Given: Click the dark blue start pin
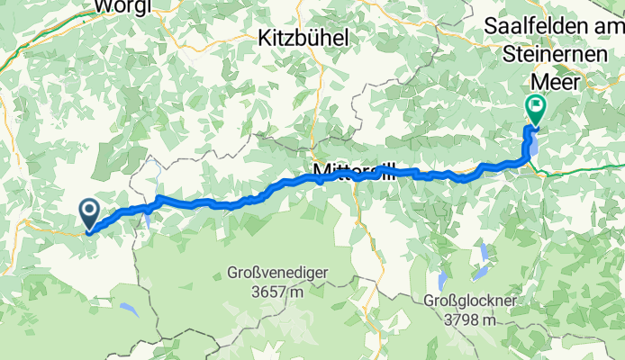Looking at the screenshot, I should click(90, 212).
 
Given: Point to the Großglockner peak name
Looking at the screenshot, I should click(472, 301).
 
